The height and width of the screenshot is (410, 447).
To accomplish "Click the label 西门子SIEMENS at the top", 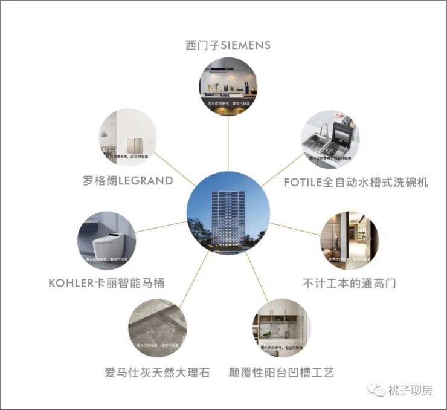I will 228,45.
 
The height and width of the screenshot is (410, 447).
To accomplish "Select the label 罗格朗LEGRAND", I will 128,180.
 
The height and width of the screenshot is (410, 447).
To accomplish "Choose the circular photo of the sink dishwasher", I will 330,140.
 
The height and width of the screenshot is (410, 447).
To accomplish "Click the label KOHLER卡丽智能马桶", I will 106,282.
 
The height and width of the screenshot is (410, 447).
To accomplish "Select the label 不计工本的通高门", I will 349,282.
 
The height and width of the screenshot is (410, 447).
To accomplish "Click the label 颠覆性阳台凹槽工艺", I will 282,372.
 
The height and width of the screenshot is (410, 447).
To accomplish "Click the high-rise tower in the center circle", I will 228,215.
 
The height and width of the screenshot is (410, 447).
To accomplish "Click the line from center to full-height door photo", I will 295,228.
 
